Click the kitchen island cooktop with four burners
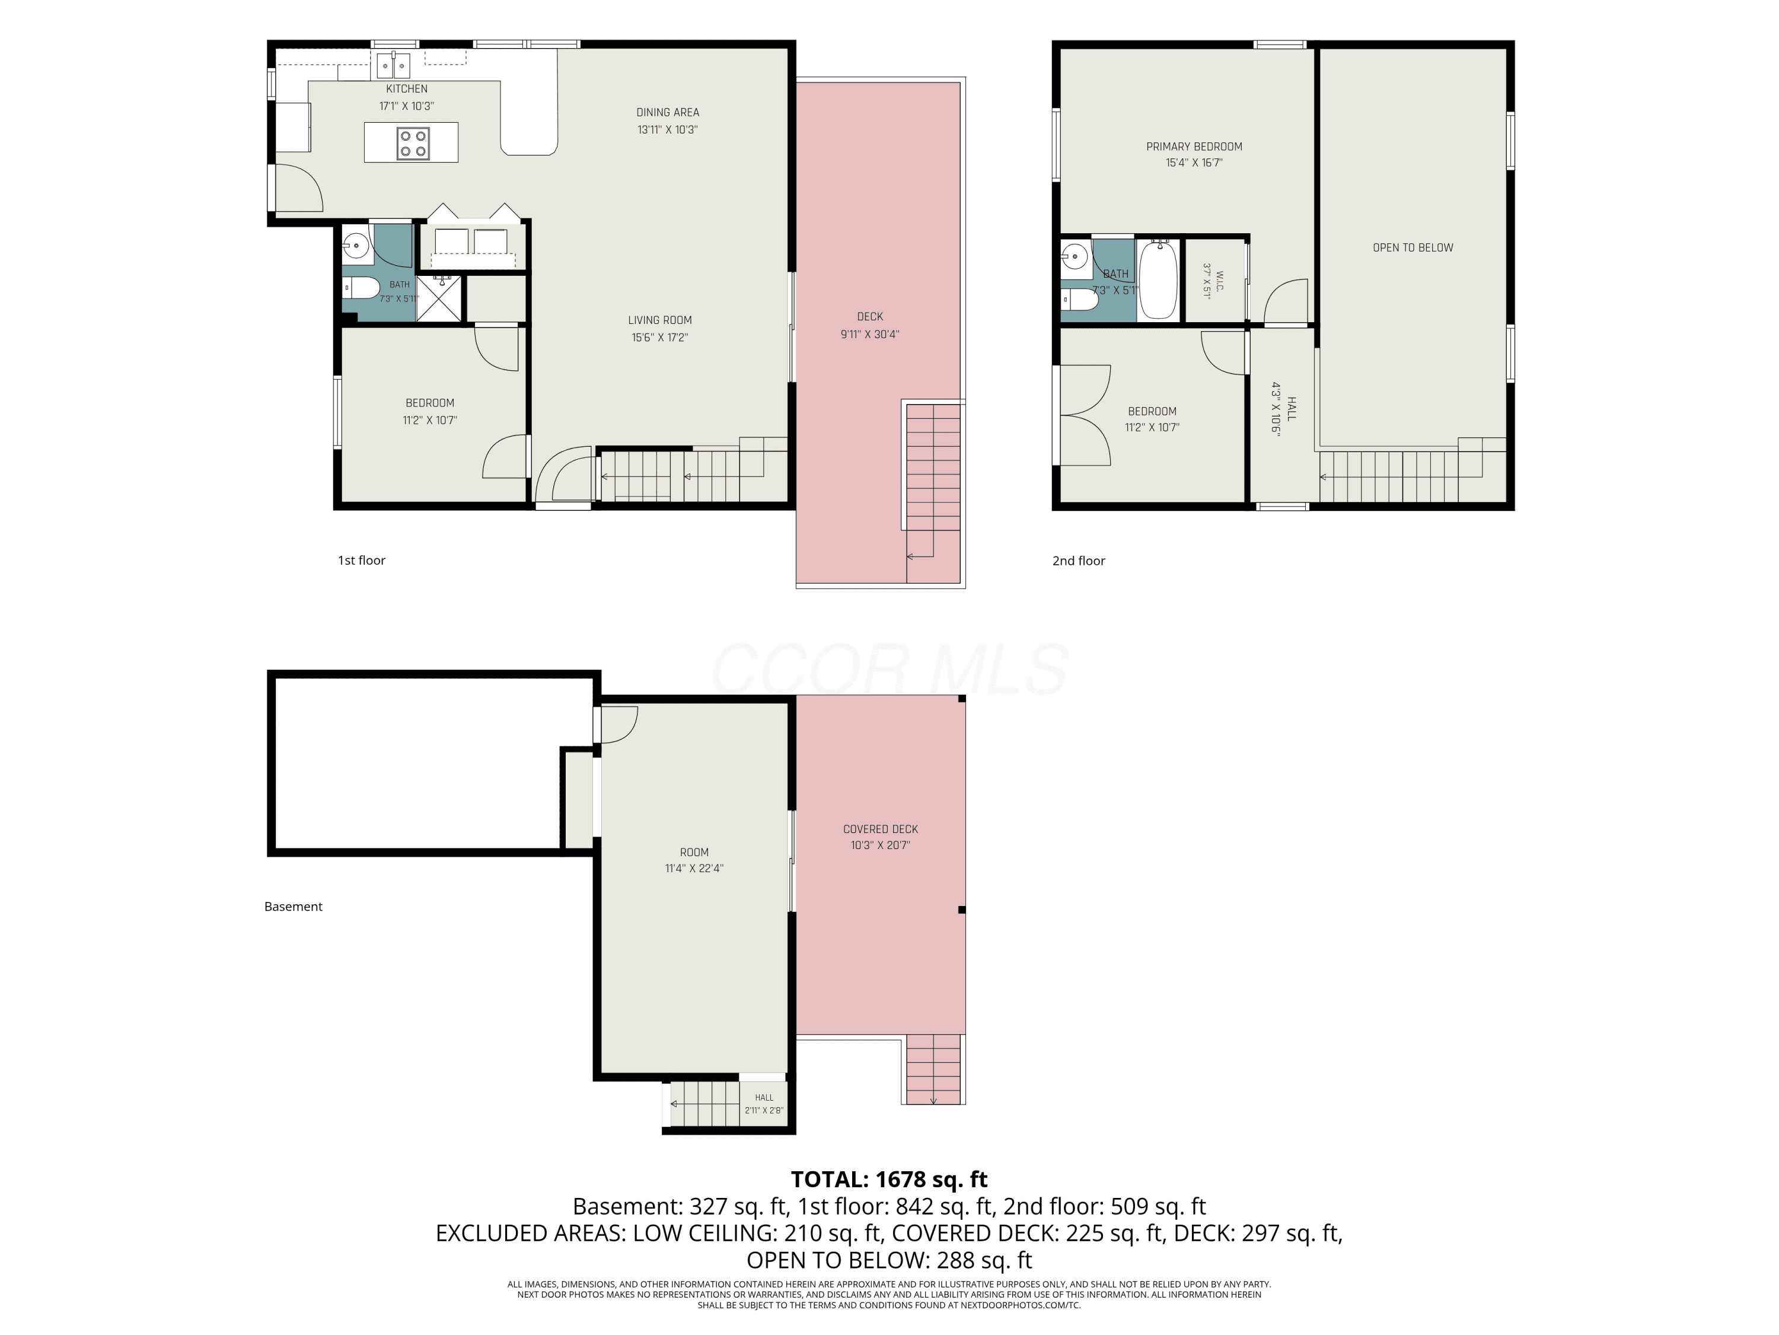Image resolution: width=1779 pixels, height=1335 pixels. tap(413, 143)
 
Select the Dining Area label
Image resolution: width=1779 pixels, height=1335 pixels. tap(668, 113)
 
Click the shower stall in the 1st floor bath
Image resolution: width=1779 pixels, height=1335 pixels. tap(439, 298)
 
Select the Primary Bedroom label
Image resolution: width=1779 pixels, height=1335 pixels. tap(1194, 147)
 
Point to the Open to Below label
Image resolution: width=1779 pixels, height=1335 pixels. tap(1413, 248)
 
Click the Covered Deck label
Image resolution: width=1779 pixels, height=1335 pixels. tap(881, 829)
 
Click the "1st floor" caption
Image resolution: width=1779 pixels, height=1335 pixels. tap(361, 560)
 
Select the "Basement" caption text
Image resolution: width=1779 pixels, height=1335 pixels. tap(294, 906)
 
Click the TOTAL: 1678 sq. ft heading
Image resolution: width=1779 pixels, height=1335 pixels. tap(889, 1179)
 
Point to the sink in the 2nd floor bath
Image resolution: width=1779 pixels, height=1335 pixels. tap(1075, 258)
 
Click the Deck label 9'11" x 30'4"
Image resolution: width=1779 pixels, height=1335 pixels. tap(870, 326)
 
